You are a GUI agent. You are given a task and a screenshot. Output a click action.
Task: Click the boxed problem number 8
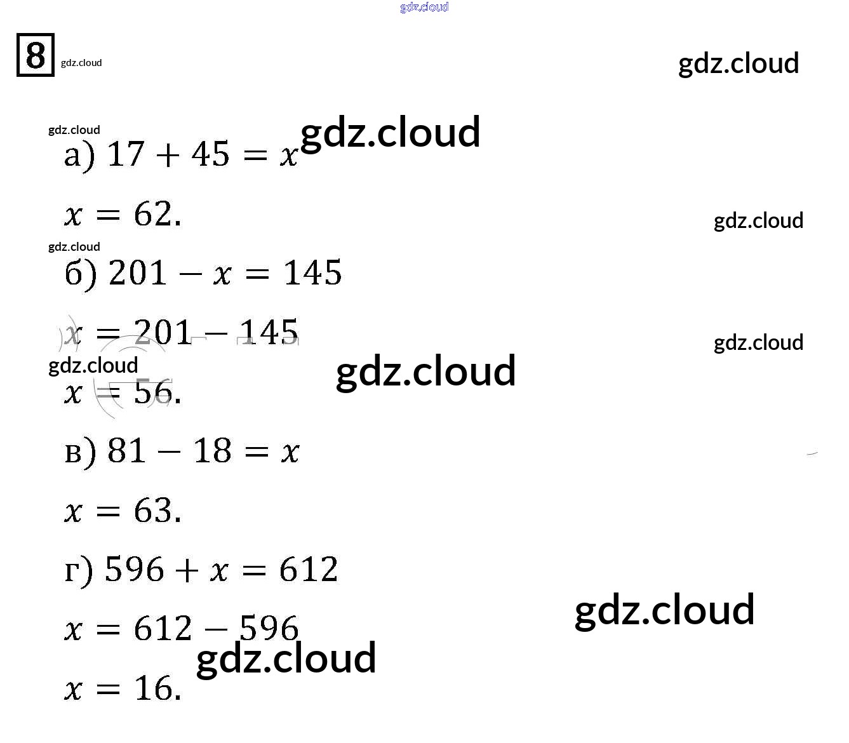[x=36, y=55]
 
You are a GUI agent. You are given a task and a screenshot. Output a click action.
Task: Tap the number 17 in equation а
[x=126, y=154]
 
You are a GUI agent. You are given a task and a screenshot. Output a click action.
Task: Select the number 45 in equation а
[x=210, y=154]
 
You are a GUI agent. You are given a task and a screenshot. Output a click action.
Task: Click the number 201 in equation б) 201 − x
[x=138, y=273]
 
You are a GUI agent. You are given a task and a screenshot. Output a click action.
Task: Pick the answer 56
[x=153, y=392]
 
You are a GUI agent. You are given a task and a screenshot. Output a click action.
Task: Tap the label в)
[x=81, y=452]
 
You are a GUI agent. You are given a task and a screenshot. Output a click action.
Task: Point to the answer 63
[x=153, y=511]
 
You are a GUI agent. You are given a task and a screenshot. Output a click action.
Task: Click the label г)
[x=79, y=570]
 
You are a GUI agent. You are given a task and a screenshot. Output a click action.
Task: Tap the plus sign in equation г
[x=187, y=570]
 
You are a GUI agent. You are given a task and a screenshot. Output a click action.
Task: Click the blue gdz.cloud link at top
[x=424, y=7]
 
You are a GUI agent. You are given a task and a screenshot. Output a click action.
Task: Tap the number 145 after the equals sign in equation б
[x=312, y=273]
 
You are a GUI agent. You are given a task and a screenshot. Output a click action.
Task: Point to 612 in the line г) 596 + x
[x=309, y=570]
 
